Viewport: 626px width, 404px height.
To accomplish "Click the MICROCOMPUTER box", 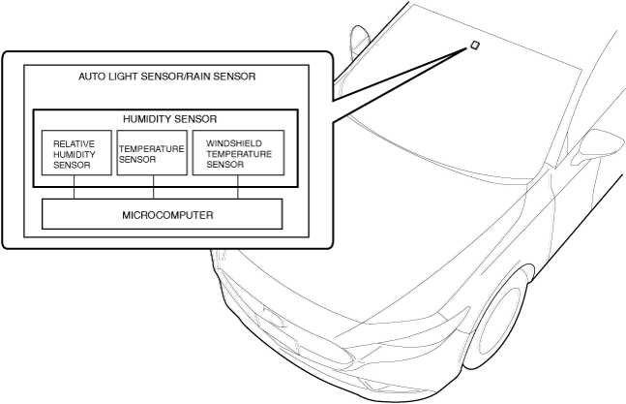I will click(x=162, y=213).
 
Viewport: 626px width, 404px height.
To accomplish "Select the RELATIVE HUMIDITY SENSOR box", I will click(x=74, y=152).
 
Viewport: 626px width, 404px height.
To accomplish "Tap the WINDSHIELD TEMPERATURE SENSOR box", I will click(x=238, y=152).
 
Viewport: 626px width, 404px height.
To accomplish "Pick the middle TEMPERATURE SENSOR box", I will click(x=151, y=152).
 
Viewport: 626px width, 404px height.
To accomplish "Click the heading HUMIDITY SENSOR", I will click(x=163, y=118).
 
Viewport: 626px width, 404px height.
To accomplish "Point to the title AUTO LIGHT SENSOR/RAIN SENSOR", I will click(x=167, y=76).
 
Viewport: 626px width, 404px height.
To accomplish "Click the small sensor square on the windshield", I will click(x=474, y=45).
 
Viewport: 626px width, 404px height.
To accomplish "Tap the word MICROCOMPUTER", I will click(x=162, y=213).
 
